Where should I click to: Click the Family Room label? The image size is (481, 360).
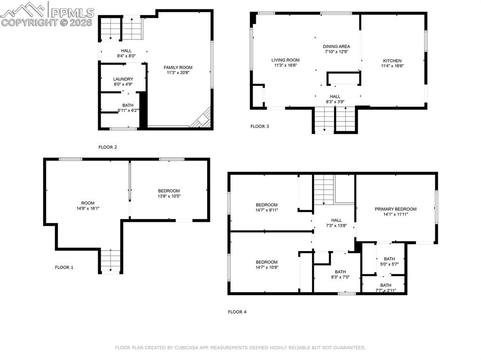click(178, 68)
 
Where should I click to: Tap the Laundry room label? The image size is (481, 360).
click(123, 79)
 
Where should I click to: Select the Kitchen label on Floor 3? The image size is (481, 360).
click(392, 61)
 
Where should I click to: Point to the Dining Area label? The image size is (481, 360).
click(336, 46)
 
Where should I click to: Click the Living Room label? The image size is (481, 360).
click(285, 60)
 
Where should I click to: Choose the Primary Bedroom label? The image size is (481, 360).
click(396, 209)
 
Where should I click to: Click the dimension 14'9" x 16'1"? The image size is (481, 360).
click(85, 208)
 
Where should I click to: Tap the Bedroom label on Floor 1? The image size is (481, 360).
click(169, 191)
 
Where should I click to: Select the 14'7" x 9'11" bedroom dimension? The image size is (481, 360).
click(266, 210)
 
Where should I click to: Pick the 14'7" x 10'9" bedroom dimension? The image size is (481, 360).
click(266, 268)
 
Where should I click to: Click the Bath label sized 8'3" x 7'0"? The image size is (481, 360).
click(340, 272)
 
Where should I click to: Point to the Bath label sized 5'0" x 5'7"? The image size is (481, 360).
click(389, 259)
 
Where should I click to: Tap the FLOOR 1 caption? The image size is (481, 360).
click(64, 268)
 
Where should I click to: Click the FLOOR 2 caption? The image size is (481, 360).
click(108, 147)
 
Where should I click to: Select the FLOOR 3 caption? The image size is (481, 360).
click(260, 126)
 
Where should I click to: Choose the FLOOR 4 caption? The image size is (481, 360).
click(237, 312)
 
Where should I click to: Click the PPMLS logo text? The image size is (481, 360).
click(72, 12)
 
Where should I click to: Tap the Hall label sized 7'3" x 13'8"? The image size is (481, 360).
click(336, 220)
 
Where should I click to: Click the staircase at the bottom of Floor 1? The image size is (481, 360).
click(110, 261)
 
